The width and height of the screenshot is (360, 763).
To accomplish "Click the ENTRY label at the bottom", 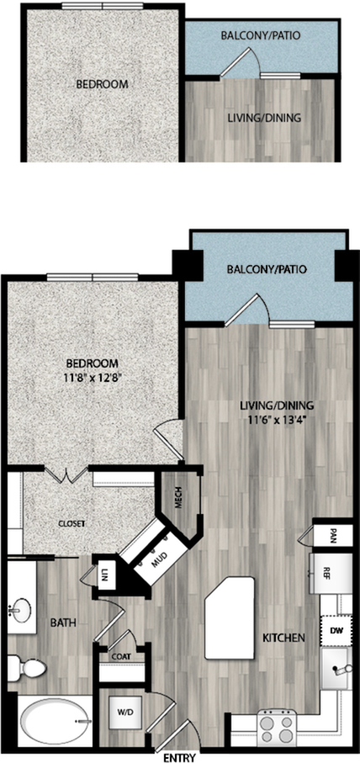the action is click(x=179, y=758).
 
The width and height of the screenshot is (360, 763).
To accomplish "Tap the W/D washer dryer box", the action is click(x=122, y=712).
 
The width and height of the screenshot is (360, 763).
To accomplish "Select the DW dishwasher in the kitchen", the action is click(x=336, y=631).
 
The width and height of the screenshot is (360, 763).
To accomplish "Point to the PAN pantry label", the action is click(x=334, y=536).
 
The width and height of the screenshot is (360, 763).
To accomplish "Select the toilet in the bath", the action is click(x=27, y=667).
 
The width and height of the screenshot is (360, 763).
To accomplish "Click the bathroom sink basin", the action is click(x=19, y=610).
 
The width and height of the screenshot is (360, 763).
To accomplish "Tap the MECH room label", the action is click(x=178, y=502).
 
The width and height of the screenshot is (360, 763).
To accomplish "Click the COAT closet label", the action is click(x=121, y=655).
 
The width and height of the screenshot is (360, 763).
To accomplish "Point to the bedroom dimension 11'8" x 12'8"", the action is click(x=93, y=378).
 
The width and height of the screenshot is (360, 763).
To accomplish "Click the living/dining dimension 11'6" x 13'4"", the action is click(x=275, y=420).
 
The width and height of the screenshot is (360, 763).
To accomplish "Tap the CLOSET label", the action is click(x=71, y=523).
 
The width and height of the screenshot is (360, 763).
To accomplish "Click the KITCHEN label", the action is click(x=283, y=638).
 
